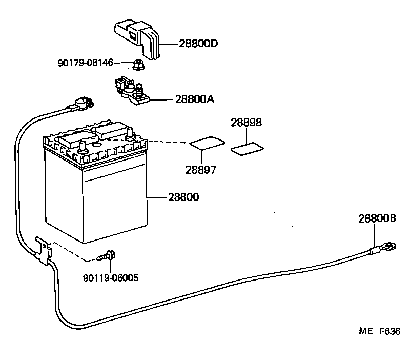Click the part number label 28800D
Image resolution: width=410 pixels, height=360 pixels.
pyautogui.click(x=198, y=44)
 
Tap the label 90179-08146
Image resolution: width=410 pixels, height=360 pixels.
pyautogui.click(x=85, y=63)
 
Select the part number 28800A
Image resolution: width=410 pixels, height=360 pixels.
pyautogui.click(x=194, y=99)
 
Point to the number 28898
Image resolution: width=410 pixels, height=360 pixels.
pyautogui.click(x=246, y=123)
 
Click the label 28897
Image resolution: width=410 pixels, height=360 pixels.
pyautogui.click(x=201, y=170)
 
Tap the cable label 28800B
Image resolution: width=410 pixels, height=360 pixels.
pyautogui.click(x=377, y=218)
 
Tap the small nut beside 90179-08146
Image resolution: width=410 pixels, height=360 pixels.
pyautogui.click(x=137, y=65)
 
